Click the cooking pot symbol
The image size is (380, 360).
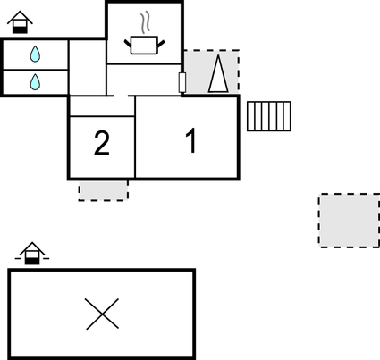click(x=144, y=45)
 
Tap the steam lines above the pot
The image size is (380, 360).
click(x=145, y=22)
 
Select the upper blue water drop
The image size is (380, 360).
click(x=35, y=54)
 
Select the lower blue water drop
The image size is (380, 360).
click(x=35, y=82)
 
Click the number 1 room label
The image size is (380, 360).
click(x=191, y=140)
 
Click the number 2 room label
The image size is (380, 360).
click(x=102, y=143)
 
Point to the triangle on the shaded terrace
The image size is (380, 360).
click(x=218, y=74)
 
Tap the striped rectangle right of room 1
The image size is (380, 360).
click(x=269, y=116)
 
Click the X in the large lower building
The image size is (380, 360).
click(x=102, y=314)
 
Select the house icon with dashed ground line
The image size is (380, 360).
click(x=32, y=254)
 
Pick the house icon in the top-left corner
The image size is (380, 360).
click(x=20, y=22)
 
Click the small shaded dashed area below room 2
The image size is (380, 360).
click(x=104, y=190)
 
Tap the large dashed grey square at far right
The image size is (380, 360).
click(x=350, y=221)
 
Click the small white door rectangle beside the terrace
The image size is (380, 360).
click(x=182, y=82)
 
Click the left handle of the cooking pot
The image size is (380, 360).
click(x=128, y=44)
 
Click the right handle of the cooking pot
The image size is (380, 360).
click(x=161, y=44)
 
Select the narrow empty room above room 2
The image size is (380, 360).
click(x=102, y=106)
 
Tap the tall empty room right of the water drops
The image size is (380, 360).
click(x=88, y=67)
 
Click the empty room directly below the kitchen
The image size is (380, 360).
click(x=144, y=80)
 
